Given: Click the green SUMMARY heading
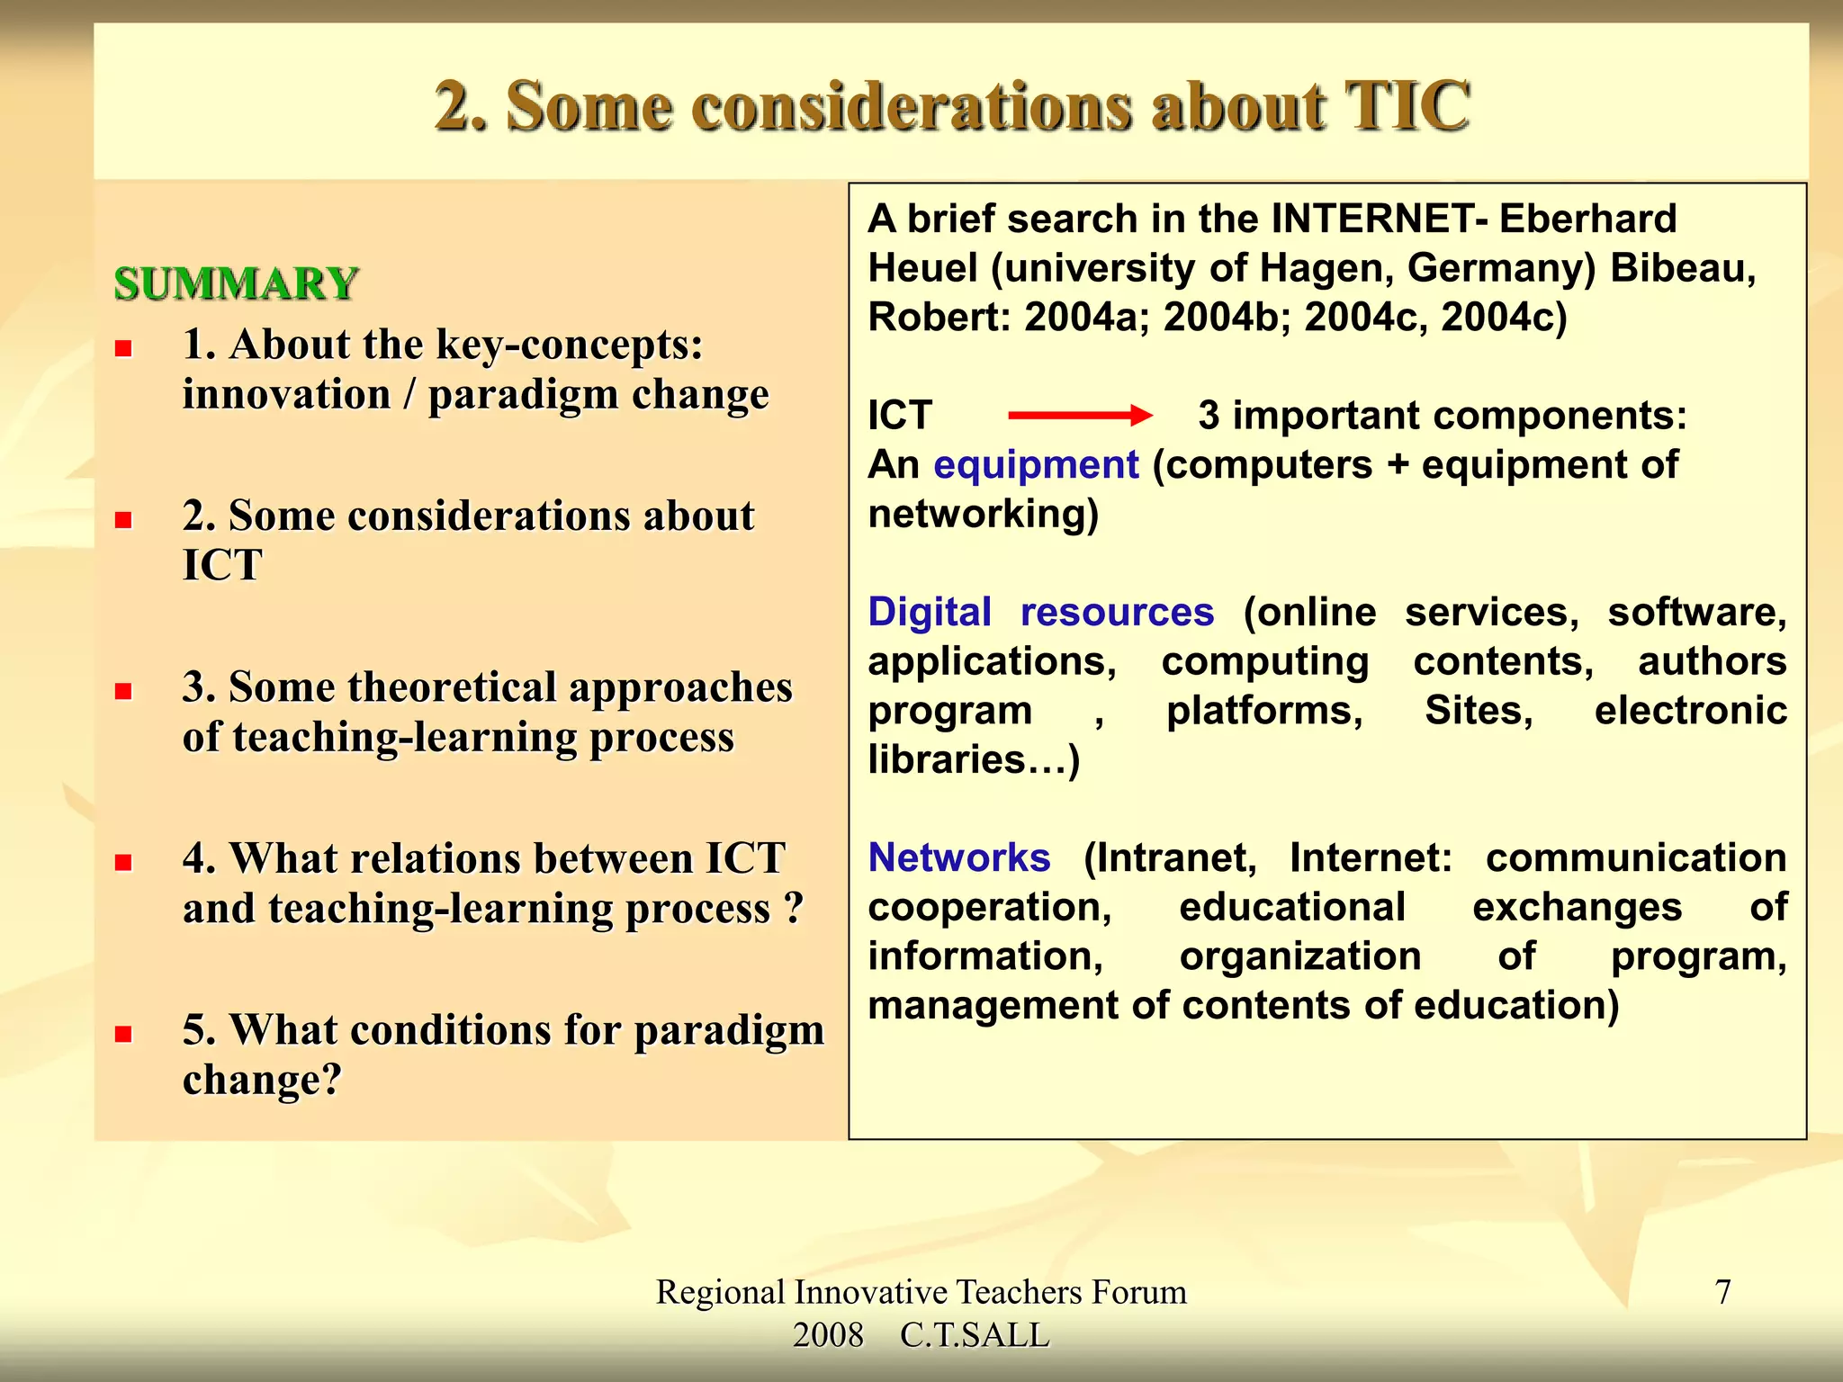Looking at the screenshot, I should click(x=236, y=284).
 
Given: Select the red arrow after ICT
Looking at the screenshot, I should click(x=1079, y=415).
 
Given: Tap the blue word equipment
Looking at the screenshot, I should click(x=1036, y=465).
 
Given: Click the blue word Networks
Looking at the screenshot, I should click(x=959, y=857).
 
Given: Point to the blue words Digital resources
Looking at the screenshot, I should click(x=1040, y=612).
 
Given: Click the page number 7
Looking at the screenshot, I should click(x=1722, y=1292).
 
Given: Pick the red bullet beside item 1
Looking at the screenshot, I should click(x=124, y=348).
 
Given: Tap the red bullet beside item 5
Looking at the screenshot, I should click(x=124, y=1034).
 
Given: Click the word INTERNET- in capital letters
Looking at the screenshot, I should click(x=1379, y=219).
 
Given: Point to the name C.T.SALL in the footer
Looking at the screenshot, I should click(x=975, y=1335).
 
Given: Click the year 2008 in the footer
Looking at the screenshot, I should click(x=828, y=1335).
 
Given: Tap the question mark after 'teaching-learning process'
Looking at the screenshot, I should click(x=793, y=908).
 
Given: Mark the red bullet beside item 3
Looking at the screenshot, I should click(x=124, y=691).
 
